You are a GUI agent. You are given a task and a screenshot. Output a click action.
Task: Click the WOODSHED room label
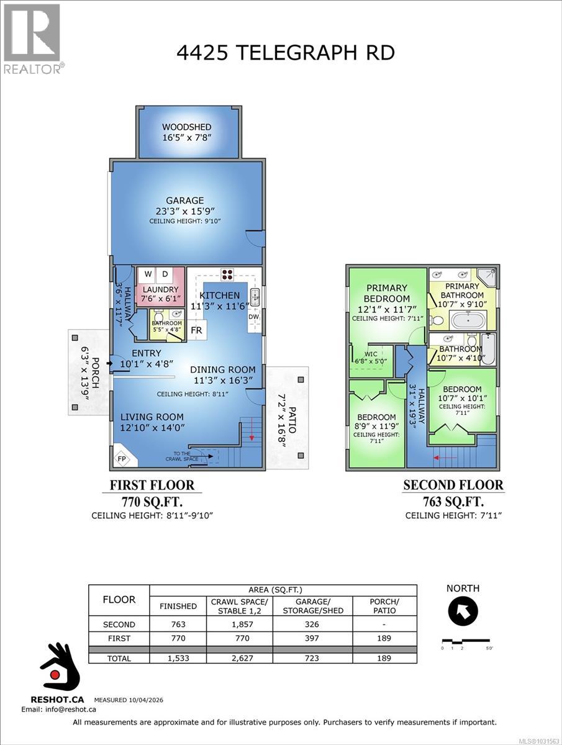[x=187, y=127]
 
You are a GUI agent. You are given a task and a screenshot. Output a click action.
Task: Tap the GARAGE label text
[x=184, y=201]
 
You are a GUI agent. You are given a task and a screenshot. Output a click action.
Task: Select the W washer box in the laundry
[x=148, y=274]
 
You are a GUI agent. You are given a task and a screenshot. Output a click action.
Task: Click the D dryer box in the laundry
[x=166, y=274]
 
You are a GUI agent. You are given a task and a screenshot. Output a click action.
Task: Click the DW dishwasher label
[x=253, y=317]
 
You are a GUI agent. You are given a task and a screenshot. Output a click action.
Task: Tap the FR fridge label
[x=196, y=330]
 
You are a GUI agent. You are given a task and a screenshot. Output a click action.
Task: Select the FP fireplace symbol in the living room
[x=122, y=459]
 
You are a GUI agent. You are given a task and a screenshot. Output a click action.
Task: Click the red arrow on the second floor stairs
[x=445, y=458]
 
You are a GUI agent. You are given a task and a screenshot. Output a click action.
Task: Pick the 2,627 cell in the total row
[x=239, y=658]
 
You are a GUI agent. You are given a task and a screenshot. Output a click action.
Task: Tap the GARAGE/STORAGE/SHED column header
[x=313, y=606]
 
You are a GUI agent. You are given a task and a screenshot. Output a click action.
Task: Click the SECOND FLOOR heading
[x=453, y=485]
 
